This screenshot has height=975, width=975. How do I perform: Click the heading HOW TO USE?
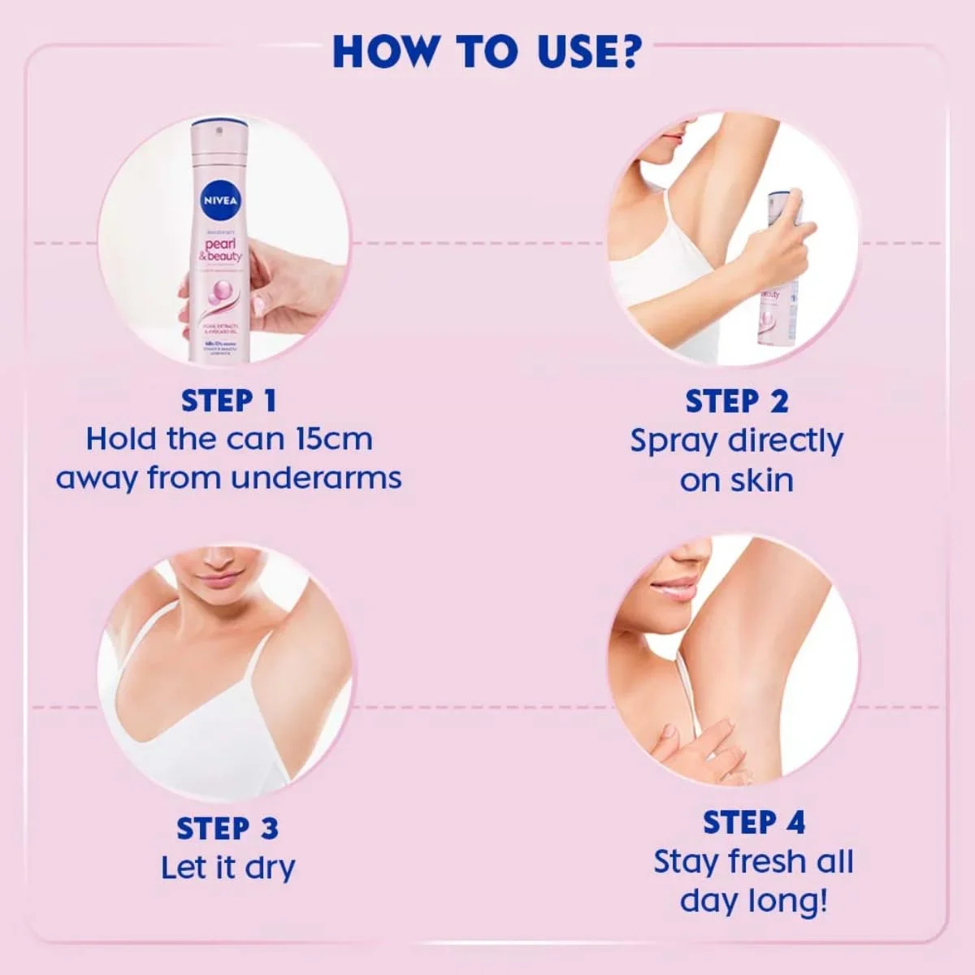pos(487,51)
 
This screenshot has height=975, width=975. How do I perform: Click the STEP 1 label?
pos(229,401)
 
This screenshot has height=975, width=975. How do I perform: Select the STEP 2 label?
pos(737,401)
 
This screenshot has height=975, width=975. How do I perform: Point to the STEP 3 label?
pos(227,828)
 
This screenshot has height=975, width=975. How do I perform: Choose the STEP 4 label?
pos(754,822)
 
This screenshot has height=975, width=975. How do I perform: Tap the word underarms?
pos(316,478)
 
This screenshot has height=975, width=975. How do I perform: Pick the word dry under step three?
pos(270,869)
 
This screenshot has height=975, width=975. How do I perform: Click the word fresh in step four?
pos(768,861)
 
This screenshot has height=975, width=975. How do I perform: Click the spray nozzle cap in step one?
pos(218,130)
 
